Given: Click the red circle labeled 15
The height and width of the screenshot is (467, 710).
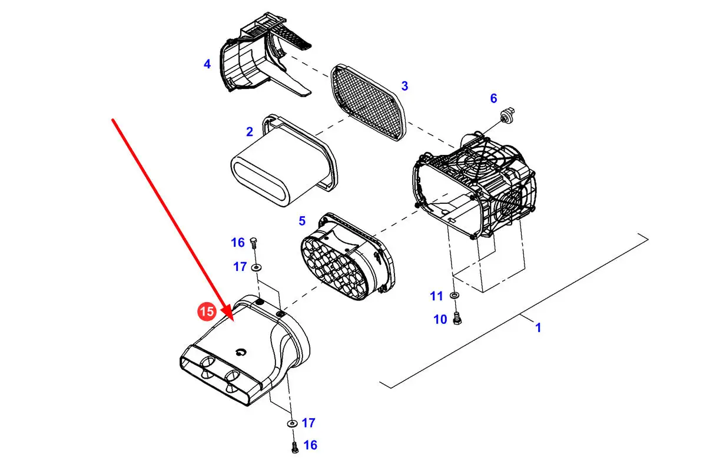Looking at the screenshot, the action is (x=207, y=312).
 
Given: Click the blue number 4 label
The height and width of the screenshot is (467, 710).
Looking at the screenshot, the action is (x=207, y=64).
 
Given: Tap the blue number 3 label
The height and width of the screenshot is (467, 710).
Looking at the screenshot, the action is (x=404, y=86).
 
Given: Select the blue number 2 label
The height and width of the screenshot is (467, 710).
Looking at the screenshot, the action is (x=250, y=132).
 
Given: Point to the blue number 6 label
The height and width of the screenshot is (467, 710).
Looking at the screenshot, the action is (x=493, y=98).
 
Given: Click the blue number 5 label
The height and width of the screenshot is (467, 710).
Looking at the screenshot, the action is (x=302, y=221).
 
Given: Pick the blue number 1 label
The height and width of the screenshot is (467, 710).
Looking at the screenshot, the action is (x=538, y=327).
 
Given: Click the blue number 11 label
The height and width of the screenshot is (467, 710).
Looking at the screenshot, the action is (x=436, y=296).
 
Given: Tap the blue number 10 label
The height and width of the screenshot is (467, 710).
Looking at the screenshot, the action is (x=440, y=320).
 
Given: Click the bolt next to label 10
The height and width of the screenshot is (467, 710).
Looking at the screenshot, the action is (x=457, y=319).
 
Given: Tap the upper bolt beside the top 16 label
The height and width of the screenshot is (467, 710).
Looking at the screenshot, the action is (x=253, y=243).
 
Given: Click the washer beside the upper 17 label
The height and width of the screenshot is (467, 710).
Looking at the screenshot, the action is (x=257, y=268).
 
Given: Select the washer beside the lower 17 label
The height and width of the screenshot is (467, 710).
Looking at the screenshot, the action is (x=292, y=423).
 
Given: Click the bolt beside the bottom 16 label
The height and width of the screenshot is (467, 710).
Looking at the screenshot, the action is (x=295, y=448).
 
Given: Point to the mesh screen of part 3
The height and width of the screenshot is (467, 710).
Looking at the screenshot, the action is (x=369, y=102).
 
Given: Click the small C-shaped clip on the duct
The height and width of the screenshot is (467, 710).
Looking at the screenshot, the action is (x=241, y=352).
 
